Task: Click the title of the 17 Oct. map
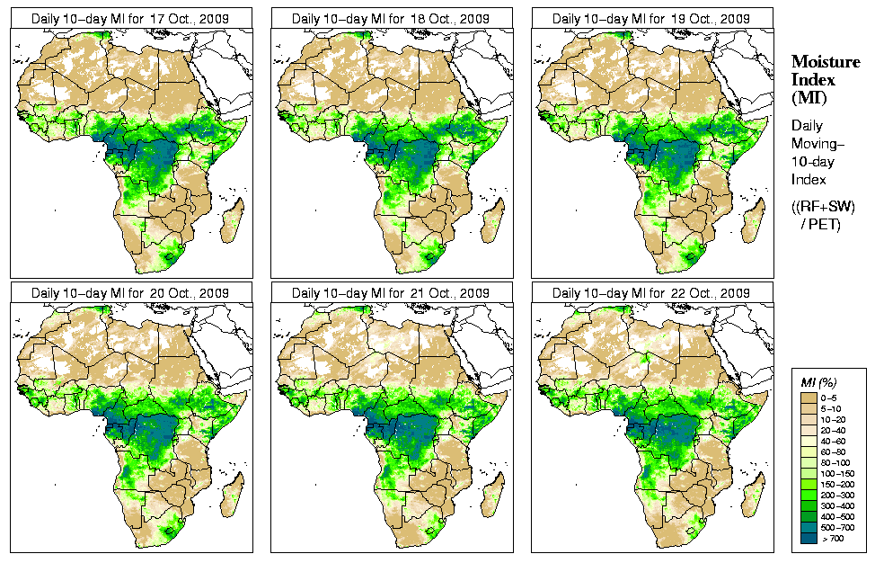(x=130, y=18)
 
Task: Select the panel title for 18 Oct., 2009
(x=391, y=18)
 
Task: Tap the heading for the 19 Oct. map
(x=651, y=18)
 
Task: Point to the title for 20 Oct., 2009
(x=130, y=293)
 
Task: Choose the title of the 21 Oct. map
(x=391, y=293)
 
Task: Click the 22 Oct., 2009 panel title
(x=651, y=293)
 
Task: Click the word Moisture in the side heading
(x=824, y=62)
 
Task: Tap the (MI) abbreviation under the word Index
(x=807, y=97)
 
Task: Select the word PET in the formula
(x=826, y=223)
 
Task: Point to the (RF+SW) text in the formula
(x=823, y=207)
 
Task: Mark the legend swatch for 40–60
(x=807, y=440)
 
